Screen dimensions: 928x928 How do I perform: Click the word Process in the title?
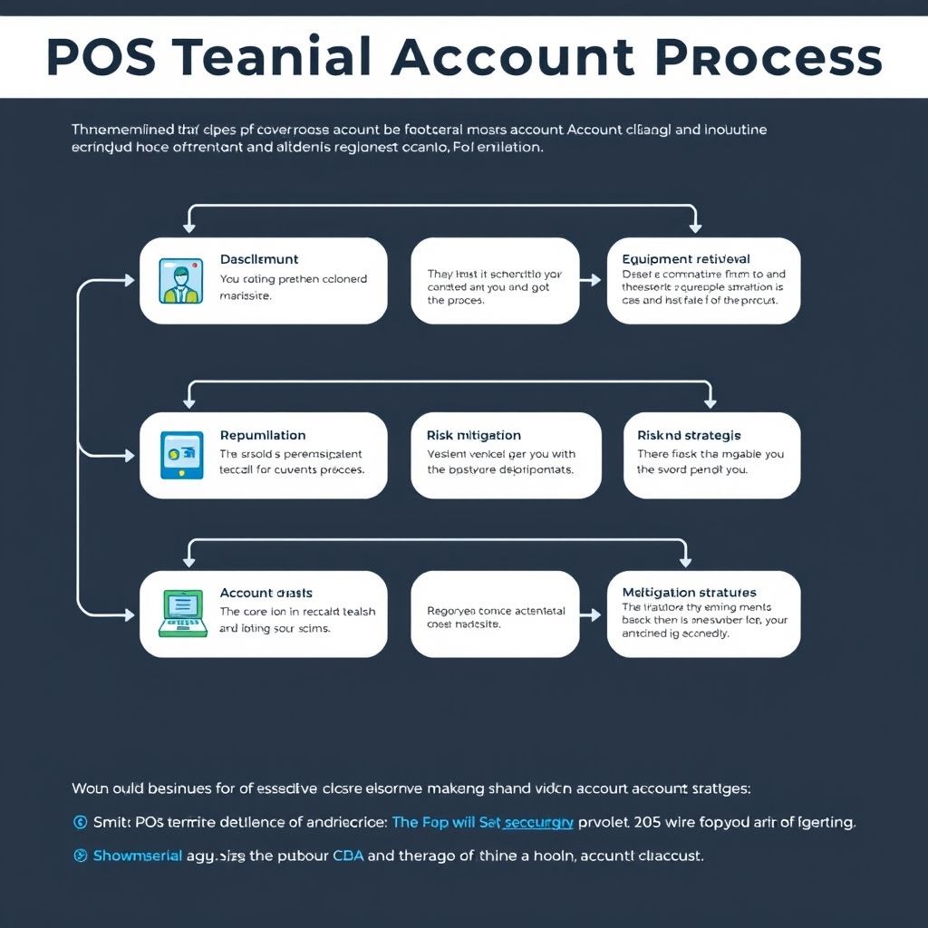tap(767, 58)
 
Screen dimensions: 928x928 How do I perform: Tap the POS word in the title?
tap(99, 58)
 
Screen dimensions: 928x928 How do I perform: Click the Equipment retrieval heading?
tap(686, 259)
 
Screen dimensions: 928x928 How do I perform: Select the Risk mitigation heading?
tap(473, 435)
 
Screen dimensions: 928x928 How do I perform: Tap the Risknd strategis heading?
tap(688, 435)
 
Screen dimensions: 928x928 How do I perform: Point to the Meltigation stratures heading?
tap(689, 593)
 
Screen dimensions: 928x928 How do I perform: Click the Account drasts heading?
tap(266, 593)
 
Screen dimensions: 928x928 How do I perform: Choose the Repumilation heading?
tap(263, 435)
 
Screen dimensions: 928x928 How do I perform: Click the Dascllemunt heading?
tap(259, 259)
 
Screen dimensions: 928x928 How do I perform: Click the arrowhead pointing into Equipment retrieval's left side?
tap(595, 281)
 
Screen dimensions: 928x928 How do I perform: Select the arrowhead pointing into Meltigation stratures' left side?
tap(595, 614)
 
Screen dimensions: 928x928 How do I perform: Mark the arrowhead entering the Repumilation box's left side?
tap(133, 453)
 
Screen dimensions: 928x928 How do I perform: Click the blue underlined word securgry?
tap(537, 823)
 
